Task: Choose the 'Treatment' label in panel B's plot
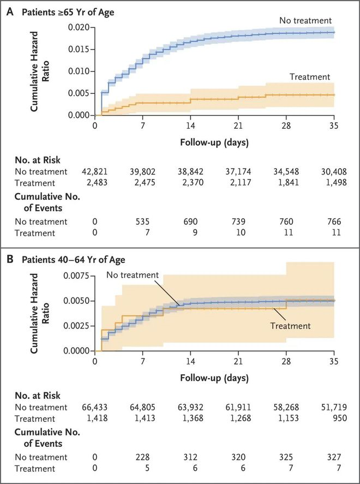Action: click(x=290, y=326)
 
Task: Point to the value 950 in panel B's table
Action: click(x=334, y=418)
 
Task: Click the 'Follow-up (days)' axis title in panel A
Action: click(x=214, y=144)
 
